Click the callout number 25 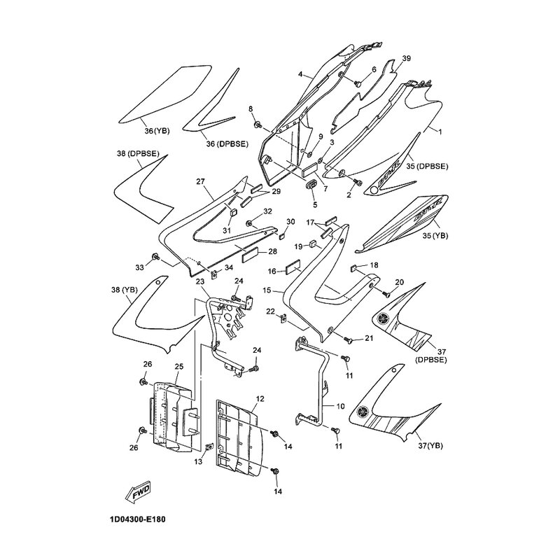178,366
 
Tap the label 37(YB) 434,445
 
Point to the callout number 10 341,405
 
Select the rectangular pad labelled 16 291,268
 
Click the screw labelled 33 156,258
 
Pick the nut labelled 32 249,223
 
